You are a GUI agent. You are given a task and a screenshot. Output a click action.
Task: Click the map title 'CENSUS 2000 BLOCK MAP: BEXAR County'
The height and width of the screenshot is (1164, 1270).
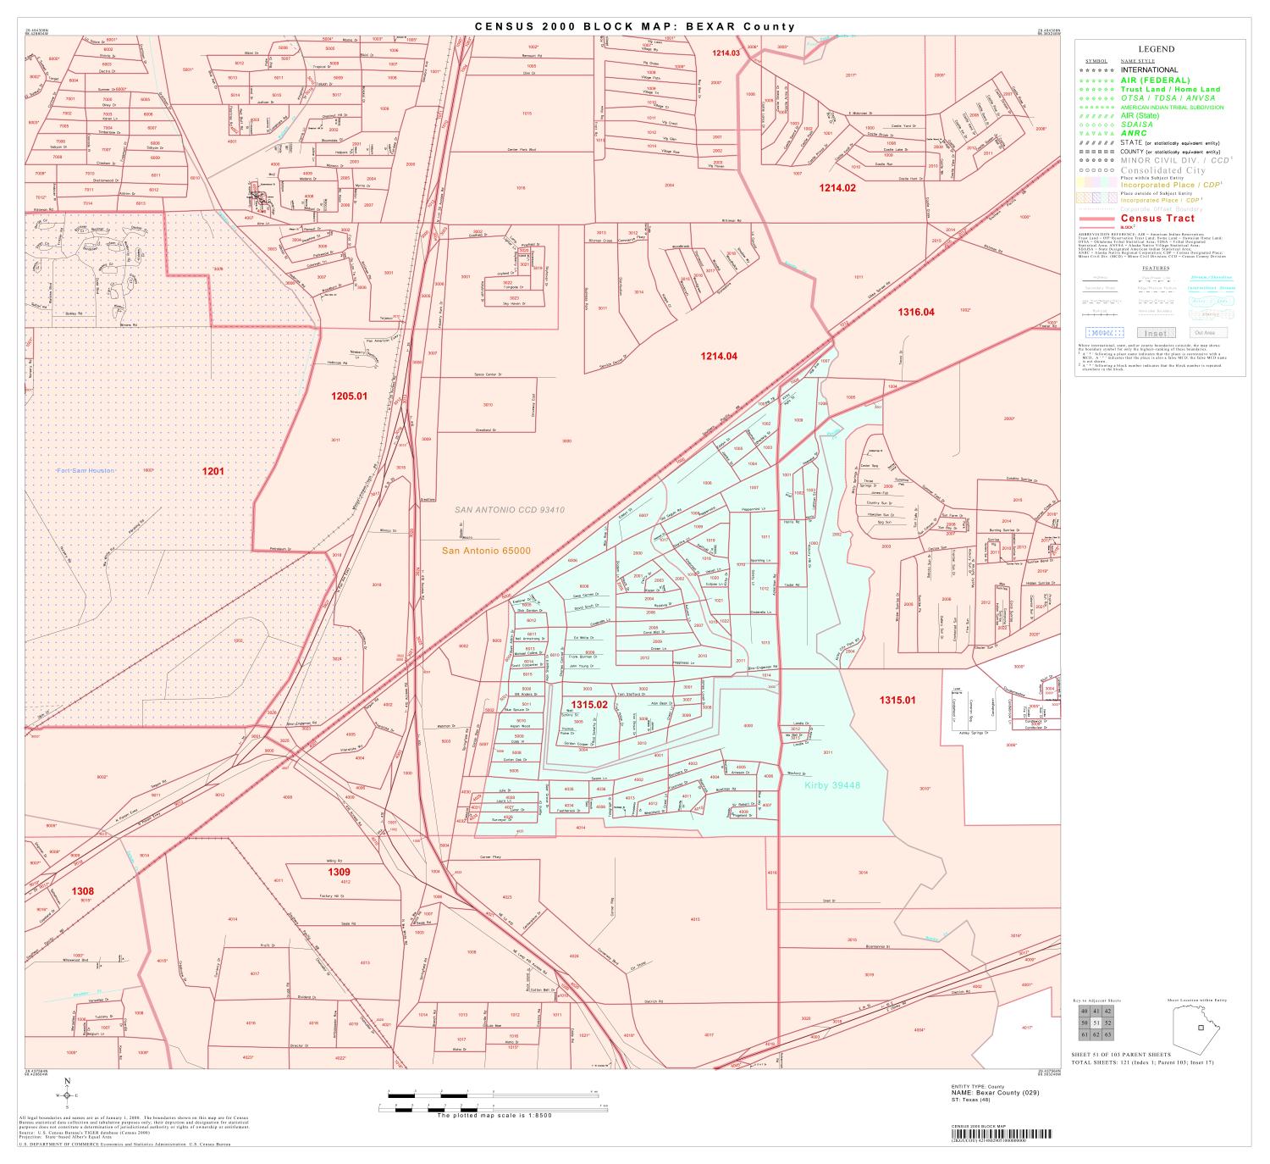point(634,26)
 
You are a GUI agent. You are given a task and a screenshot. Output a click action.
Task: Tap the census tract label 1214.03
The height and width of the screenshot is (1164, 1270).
point(726,53)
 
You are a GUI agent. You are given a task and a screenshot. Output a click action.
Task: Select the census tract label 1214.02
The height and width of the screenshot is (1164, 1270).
point(837,188)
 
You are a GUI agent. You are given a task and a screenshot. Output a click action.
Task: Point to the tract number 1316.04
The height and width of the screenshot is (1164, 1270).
point(916,312)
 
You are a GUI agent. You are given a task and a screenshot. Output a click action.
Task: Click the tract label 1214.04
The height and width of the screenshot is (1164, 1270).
point(718,356)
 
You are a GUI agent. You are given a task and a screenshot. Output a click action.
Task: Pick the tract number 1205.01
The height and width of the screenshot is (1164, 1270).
point(349,396)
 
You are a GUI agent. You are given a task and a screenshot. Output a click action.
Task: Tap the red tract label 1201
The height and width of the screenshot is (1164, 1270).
point(213,470)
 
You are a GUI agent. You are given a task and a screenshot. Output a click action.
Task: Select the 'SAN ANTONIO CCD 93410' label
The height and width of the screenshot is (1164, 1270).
point(510,510)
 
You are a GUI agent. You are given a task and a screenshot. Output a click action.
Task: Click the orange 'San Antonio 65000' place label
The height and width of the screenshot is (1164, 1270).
point(487,551)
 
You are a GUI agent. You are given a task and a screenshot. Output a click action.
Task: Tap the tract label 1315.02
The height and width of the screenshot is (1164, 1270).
point(589,704)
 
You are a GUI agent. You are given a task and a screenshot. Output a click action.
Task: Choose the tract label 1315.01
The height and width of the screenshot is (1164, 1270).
point(897,700)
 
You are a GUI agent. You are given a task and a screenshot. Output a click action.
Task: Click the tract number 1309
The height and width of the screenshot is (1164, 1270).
point(339,872)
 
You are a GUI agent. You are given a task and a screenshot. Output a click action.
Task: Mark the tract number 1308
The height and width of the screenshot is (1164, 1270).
point(82,890)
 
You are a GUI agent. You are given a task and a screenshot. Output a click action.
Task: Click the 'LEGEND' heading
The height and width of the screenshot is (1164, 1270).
point(1156,49)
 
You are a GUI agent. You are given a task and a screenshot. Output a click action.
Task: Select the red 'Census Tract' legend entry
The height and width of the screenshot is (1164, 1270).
point(1157,219)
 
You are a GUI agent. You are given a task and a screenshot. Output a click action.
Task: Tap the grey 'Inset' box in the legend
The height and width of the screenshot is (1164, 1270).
point(1155,333)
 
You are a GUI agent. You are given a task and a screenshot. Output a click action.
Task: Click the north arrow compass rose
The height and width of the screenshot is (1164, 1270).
point(67,1095)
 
